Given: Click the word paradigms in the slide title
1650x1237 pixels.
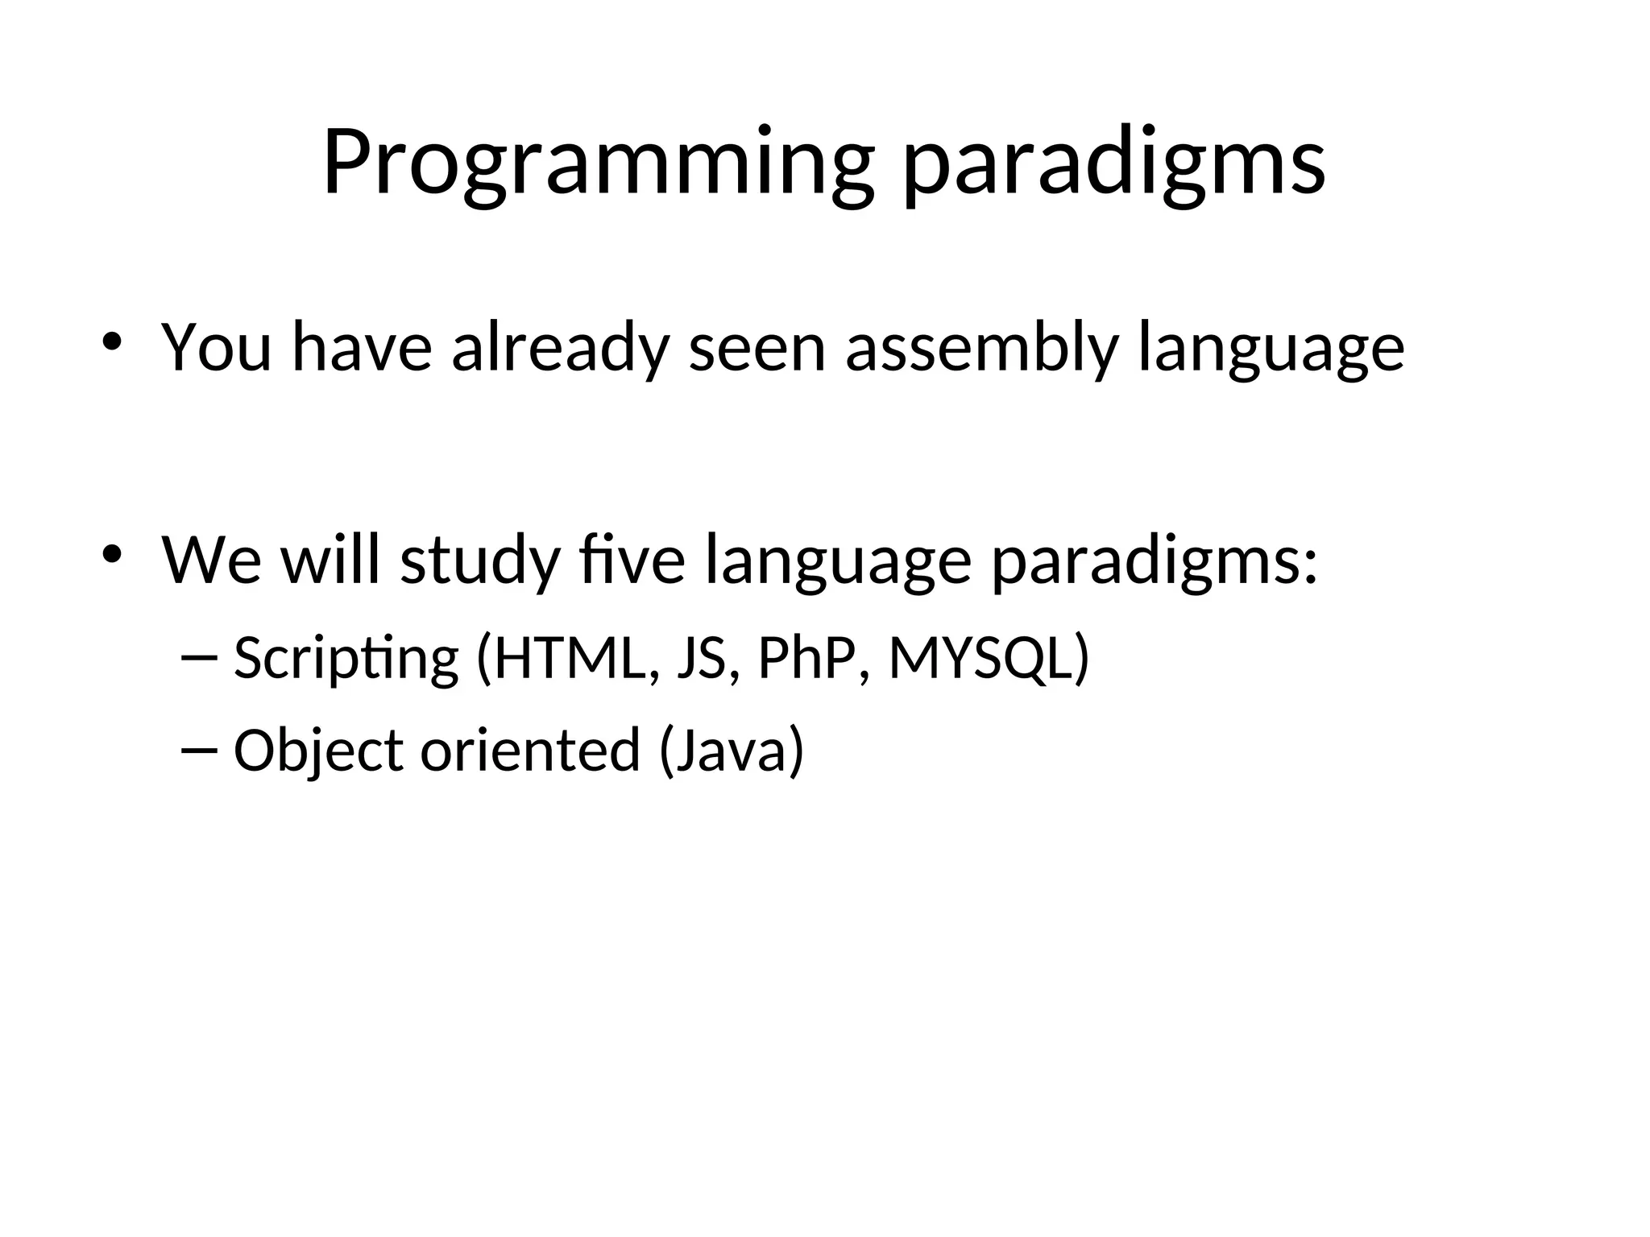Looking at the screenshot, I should [1113, 165].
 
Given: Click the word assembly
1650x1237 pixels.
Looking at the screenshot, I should [981, 349].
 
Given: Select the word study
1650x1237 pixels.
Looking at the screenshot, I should [480, 561].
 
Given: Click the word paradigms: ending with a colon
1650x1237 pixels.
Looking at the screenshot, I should [1155, 561].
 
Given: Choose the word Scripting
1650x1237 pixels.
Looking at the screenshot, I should [346, 659].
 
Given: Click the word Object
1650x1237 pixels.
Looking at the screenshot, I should [318, 751].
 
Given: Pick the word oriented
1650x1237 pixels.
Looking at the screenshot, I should [530, 750].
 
